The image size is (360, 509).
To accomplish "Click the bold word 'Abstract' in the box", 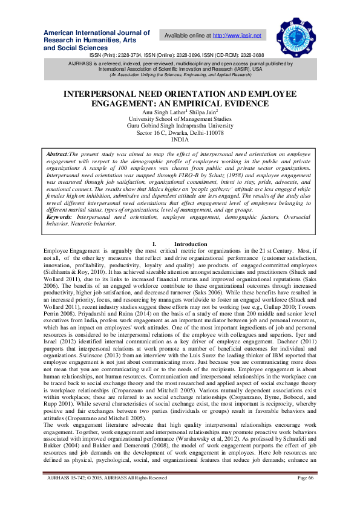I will coord(57,155).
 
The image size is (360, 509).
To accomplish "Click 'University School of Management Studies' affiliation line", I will coord(180,118).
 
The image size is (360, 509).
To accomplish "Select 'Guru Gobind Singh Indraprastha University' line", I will coord(180,125).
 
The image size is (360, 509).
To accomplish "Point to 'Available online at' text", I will coord(187,36).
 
